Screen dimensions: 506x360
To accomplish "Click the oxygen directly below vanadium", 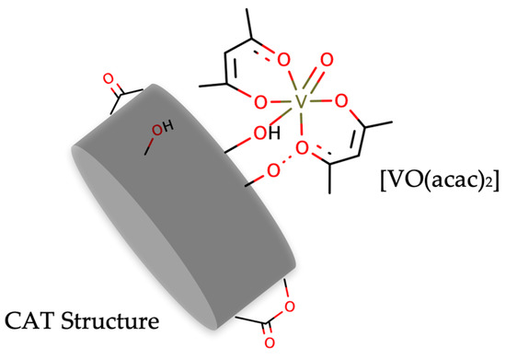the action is click(305, 146).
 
